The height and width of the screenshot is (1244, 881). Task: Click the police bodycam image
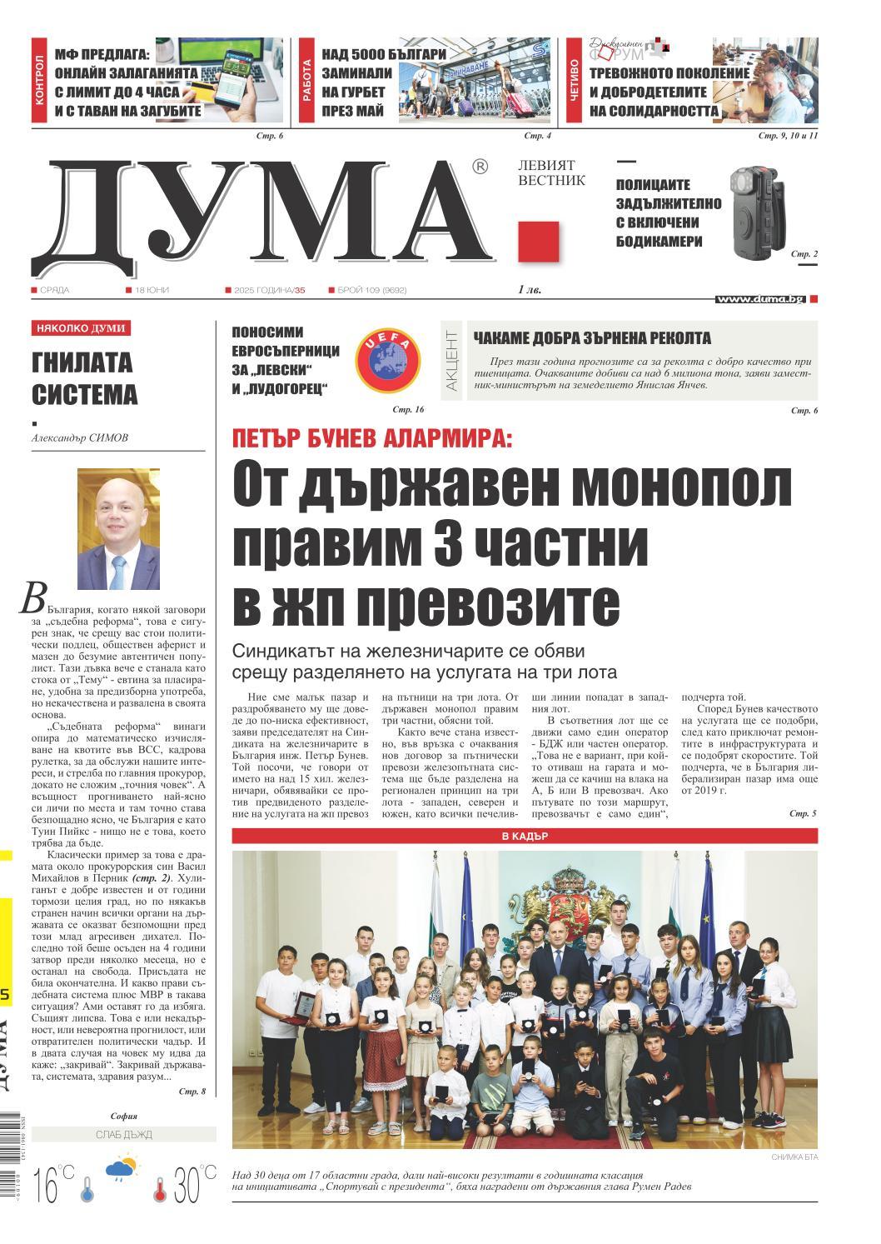[x=755, y=212]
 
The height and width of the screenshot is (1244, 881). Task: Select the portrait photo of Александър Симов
[x=119, y=517]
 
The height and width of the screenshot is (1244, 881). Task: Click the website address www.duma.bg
[x=760, y=298]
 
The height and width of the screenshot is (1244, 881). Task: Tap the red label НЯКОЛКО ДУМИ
[x=81, y=328]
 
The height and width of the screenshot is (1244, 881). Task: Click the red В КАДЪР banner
[x=525, y=835]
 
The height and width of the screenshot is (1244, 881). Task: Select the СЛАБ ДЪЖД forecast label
[x=123, y=1134]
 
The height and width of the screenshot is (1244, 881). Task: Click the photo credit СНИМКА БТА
[x=789, y=1156]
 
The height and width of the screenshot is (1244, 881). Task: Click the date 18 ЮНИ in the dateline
[x=150, y=290]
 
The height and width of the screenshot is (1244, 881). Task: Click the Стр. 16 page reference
[x=409, y=410]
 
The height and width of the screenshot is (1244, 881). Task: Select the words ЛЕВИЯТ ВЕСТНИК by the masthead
[x=551, y=172]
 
